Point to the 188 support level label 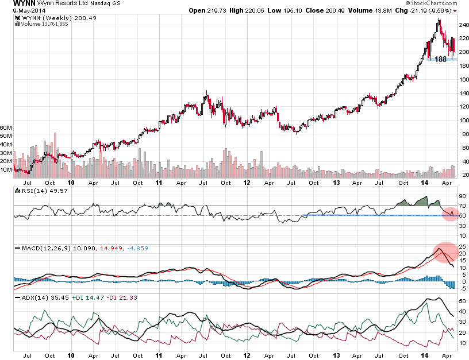click(x=440, y=59)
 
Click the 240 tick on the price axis click(x=463, y=25)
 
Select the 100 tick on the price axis click(x=463, y=121)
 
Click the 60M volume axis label click(x=6, y=127)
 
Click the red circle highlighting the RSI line click(x=449, y=214)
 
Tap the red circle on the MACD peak click(x=444, y=253)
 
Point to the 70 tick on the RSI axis click(x=463, y=205)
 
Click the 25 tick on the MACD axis click(x=463, y=245)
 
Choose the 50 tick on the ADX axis click(x=463, y=301)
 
